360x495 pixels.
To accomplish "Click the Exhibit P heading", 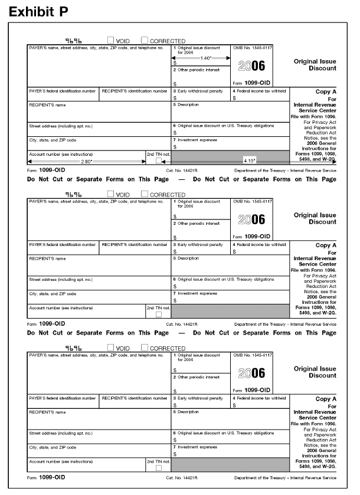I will click(38, 11).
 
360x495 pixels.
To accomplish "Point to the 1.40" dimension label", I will click(205, 58).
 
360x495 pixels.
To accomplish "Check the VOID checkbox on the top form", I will click(111, 41).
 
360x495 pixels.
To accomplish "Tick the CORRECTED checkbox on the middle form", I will click(145, 195).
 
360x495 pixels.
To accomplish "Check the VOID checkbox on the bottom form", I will click(111, 348).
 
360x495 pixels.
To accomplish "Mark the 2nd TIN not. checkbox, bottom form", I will click(158, 468).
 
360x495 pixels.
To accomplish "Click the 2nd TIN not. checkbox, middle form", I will click(158, 314).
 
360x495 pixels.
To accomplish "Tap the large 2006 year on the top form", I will click(251, 66).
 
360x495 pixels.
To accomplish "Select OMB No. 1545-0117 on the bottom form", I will click(252, 355).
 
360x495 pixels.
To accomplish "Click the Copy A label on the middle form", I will click(326, 245).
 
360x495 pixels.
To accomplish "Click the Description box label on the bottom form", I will click(188, 411).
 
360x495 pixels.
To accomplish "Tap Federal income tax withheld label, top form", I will click(260, 91).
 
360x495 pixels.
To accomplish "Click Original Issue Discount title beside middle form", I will click(315, 219).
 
